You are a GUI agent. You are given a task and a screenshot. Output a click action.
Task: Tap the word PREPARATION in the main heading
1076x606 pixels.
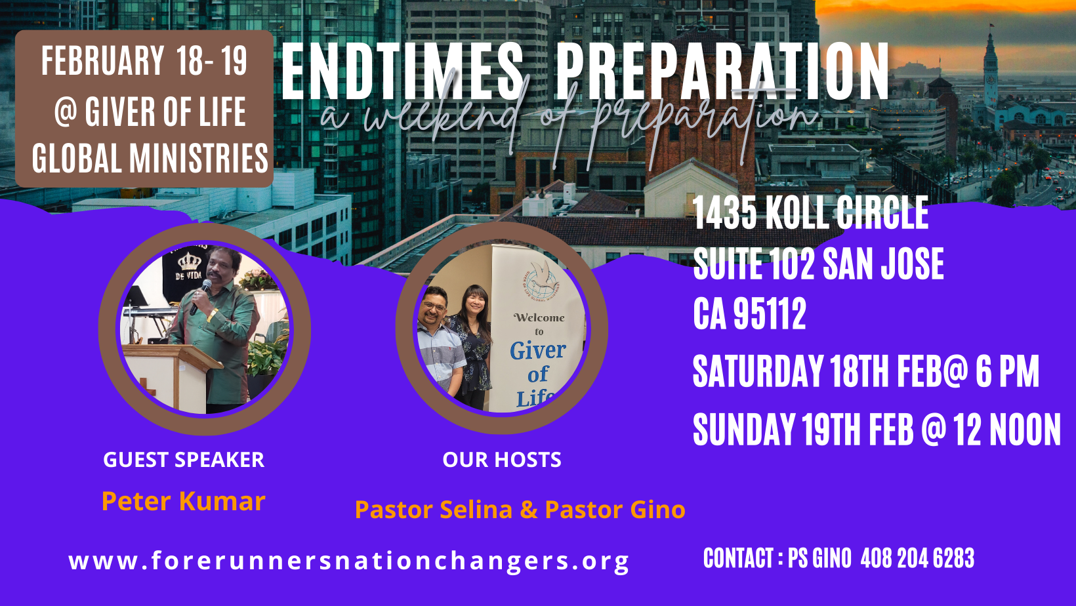coord(722,71)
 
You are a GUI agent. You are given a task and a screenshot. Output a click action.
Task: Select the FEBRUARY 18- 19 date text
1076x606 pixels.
coord(144,61)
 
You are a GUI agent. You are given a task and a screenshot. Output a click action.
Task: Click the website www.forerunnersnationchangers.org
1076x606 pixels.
coord(349,561)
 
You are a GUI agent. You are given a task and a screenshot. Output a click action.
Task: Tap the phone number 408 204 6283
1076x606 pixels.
coord(917,558)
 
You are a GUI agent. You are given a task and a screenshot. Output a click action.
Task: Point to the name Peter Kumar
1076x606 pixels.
coord(184,501)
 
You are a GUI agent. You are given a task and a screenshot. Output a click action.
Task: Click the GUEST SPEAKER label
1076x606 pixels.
coord(184,460)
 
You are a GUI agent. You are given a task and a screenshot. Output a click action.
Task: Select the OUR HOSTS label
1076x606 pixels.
coord(501,460)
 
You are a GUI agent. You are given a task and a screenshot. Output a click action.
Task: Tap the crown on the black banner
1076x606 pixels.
coord(189,262)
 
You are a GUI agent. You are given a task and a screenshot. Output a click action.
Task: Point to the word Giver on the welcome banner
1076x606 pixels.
coord(537,350)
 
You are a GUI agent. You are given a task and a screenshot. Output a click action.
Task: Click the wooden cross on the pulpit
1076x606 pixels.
coord(147,387)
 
